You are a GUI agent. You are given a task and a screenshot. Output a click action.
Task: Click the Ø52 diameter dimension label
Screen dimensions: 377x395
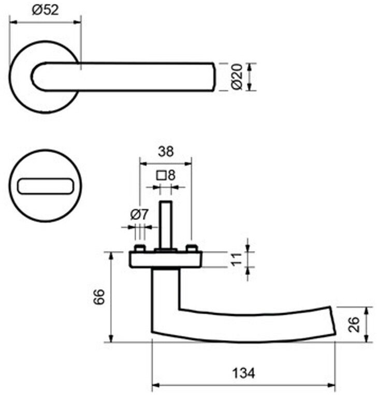pos(45,10)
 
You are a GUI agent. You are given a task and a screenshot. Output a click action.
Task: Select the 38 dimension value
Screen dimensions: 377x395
pos(166,152)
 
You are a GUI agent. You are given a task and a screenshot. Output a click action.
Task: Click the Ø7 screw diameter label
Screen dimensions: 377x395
pos(139,214)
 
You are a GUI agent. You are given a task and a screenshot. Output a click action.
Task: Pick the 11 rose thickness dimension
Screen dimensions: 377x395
pos(237,259)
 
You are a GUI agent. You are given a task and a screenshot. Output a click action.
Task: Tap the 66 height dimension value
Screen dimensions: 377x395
pos(99,297)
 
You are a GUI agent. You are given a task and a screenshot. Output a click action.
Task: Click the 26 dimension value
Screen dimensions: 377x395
pos(354,325)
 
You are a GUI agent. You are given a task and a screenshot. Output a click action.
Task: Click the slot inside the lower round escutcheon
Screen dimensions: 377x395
pos(45,186)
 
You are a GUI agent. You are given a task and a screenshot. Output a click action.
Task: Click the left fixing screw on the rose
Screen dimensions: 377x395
pos(139,248)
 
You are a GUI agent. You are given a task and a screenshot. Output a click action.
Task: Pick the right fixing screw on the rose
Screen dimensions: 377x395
pos(192,248)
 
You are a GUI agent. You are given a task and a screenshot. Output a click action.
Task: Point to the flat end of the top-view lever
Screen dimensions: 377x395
pos(214,77)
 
